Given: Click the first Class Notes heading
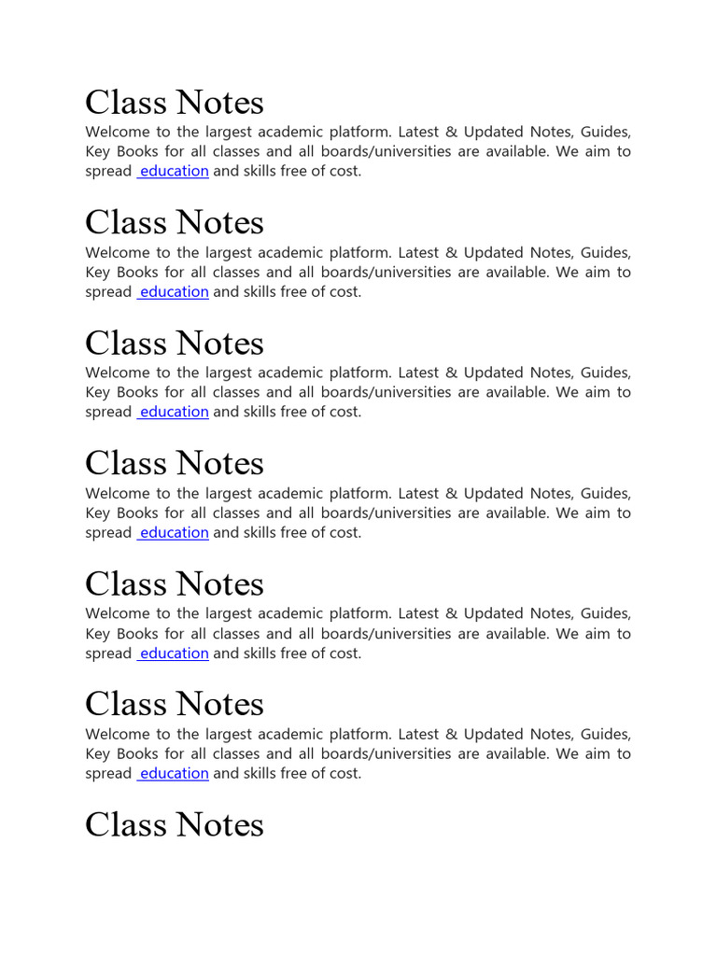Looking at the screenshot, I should pyautogui.click(x=175, y=103).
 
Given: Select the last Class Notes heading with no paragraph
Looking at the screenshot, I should pyautogui.click(x=175, y=824).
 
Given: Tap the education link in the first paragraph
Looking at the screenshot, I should pyautogui.click(x=174, y=171).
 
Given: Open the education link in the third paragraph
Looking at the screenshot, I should pyautogui.click(x=174, y=412).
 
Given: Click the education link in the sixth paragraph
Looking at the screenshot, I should pyautogui.click(x=174, y=773).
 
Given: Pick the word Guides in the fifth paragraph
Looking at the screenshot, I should pyautogui.click(x=605, y=613).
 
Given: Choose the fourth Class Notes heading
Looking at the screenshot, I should pyautogui.click(x=175, y=464).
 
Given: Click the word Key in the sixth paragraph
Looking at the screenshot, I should pyautogui.click(x=97, y=753).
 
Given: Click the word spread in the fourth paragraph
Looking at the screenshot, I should pyautogui.click(x=108, y=532).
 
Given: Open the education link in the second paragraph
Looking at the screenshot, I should pyautogui.click(x=174, y=291).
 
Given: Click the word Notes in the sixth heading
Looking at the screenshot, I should pyautogui.click(x=220, y=705).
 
